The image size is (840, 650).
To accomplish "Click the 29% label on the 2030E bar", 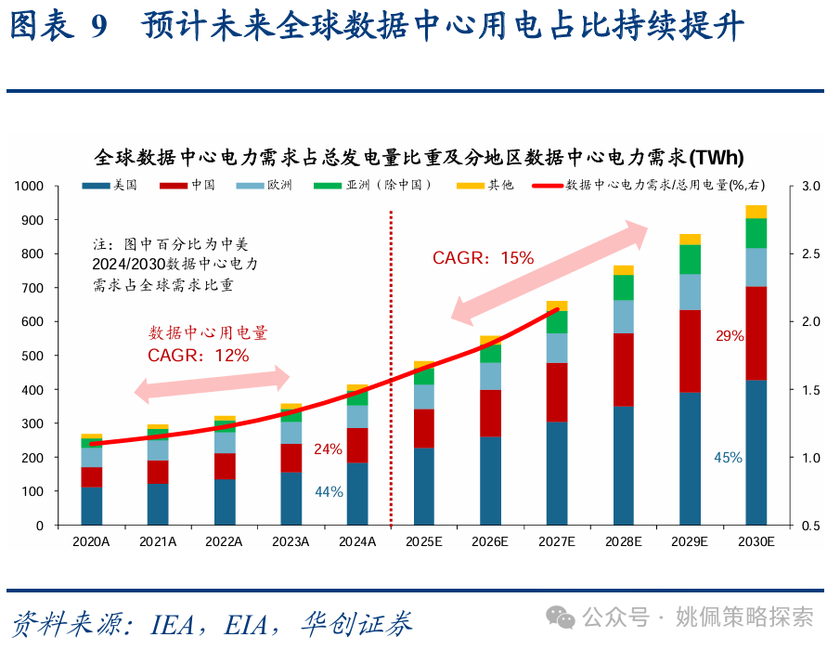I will pos(730,336).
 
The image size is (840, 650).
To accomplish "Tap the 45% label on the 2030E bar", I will pos(728,458).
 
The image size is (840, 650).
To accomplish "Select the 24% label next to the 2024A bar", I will pos(328,449).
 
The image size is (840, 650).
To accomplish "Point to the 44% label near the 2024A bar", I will pos(329,492).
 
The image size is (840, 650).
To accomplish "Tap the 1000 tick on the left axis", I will pos(29,187).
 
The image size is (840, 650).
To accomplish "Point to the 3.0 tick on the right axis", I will pos(810,187).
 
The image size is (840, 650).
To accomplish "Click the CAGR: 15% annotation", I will pos(484,258).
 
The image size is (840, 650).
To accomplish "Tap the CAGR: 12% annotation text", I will pos(198,355).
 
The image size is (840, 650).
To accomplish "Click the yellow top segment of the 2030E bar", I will pos(756,212).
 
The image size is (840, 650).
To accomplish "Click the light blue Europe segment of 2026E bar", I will pos(490,376).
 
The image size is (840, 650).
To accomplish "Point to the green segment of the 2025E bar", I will pos(423,376).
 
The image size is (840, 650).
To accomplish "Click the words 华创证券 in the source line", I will pos(357,624).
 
